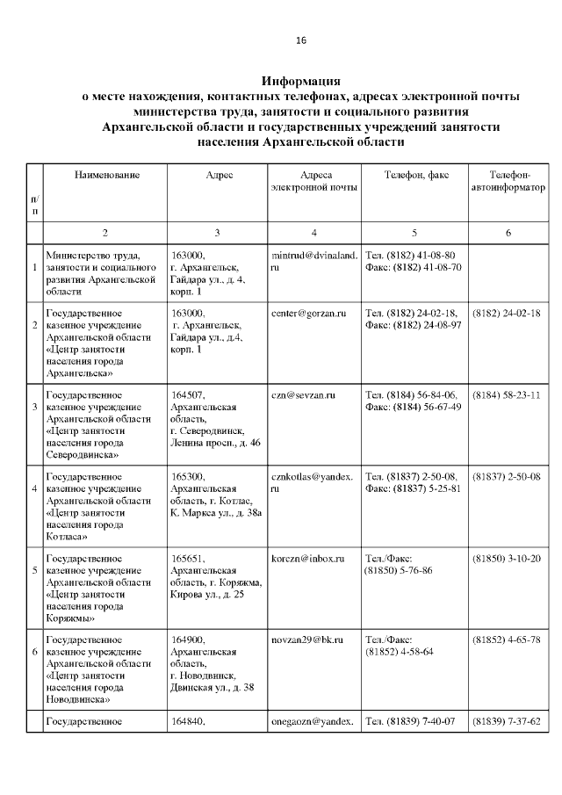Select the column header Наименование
[x=106, y=176]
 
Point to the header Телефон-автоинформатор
[x=508, y=181]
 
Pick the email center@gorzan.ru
[x=309, y=314]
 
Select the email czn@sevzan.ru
[x=303, y=395]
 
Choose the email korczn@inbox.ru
[x=307, y=559]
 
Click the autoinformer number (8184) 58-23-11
[x=507, y=395]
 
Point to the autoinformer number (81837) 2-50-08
[x=507, y=477]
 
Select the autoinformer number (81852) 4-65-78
[x=507, y=640]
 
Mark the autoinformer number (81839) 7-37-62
[x=507, y=722]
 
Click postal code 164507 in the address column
[x=189, y=395]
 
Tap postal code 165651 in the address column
[x=189, y=559]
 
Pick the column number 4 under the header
[x=313, y=232]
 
